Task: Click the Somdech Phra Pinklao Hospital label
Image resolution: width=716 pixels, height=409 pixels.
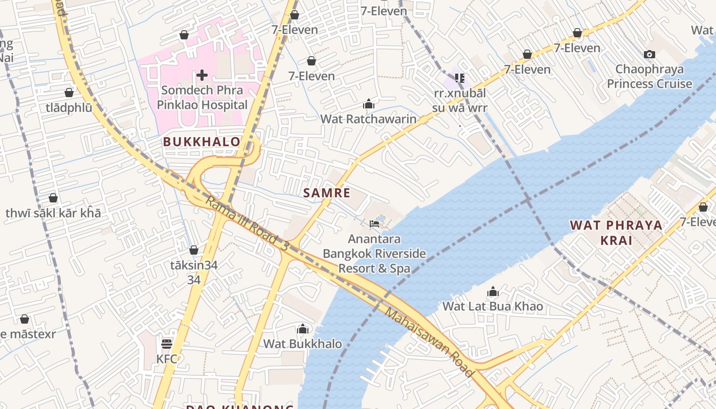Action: pos(202,98)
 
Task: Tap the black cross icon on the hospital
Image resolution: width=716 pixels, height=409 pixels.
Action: pos(202,76)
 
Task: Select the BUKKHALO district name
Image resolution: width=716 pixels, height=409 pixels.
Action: pos(202,142)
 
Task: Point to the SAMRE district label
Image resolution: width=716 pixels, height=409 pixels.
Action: pos(327,193)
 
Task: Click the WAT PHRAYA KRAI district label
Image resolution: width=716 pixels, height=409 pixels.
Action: pos(616,233)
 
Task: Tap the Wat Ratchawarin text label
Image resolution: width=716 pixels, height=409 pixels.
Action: pos(368,119)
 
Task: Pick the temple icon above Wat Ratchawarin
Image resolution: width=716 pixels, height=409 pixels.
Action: pos(369,104)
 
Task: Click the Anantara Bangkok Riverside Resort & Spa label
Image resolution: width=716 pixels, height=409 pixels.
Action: pos(374,254)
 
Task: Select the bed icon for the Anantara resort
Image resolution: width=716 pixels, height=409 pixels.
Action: pos(374,223)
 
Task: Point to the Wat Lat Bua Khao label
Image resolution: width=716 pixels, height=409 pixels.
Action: pos(493,306)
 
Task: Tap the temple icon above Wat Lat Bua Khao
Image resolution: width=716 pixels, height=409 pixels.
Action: pos(493,292)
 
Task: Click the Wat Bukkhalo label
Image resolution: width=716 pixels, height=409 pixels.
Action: pos(303,344)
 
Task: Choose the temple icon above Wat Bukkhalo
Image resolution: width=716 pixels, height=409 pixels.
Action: pos(303,329)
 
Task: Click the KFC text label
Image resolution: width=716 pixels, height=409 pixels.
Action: pos(167,359)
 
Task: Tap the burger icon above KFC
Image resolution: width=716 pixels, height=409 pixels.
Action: pos(167,344)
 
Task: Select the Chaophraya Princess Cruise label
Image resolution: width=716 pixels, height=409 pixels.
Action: pos(650,77)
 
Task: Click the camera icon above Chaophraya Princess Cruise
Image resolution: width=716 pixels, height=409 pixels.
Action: pos(650,54)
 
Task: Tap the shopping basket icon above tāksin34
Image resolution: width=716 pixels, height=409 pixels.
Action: pos(194,250)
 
